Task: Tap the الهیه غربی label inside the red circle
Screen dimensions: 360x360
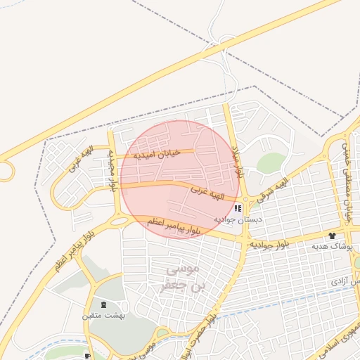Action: click(208, 192)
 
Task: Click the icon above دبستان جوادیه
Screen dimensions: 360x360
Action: click(238, 208)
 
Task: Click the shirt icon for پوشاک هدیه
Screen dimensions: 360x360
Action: click(351, 235)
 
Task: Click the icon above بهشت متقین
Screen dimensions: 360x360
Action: click(105, 304)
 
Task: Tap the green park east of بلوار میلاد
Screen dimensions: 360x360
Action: click(271, 163)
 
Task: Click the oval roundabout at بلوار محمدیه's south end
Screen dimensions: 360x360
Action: click(120, 222)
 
